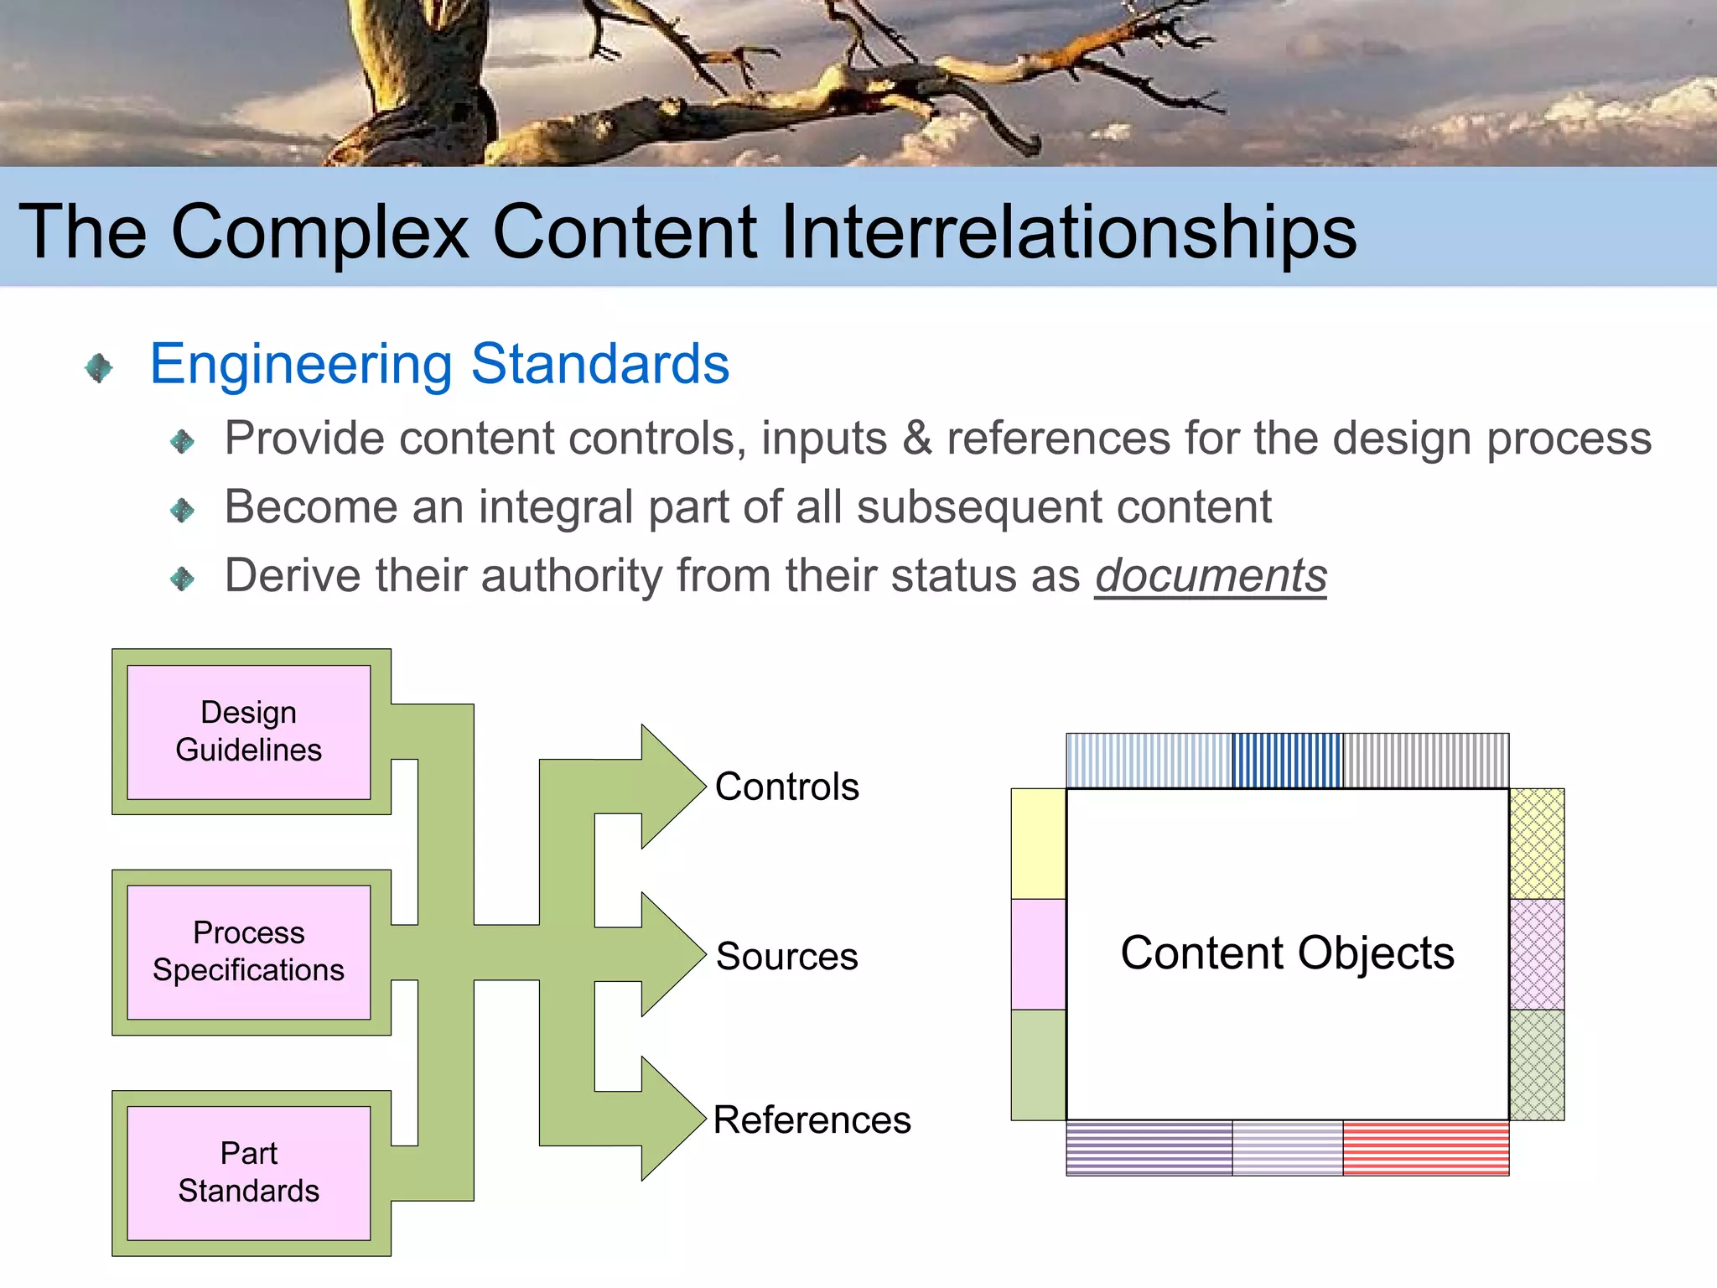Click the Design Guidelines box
click(x=248, y=731)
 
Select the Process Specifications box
click(x=248, y=952)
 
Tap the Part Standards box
click(x=248, y=1172)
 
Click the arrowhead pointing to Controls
click(x=671, y=787)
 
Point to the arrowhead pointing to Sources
click(x=671, y=954)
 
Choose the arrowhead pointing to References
click(x=671, y=1119)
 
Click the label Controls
click(x=786, y=787)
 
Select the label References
click(x=812, y=1120)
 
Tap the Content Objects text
click(x=1287, y=953)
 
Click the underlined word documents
click(x=1210, y=576)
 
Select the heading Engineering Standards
click(x=439, y=364)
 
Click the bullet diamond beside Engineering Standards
click(x=99, y=367)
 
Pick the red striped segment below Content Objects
click(x=1425, y=1148)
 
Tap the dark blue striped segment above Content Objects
click(x=1287, y=761)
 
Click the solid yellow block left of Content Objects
click(x=1038, y=844)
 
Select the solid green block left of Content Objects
click(x=1038, y=1065)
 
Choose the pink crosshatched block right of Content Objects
click(x=1537, y=954)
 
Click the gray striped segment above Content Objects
click(x=1425, y=761)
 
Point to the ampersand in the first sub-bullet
click(x=916, y=439)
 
